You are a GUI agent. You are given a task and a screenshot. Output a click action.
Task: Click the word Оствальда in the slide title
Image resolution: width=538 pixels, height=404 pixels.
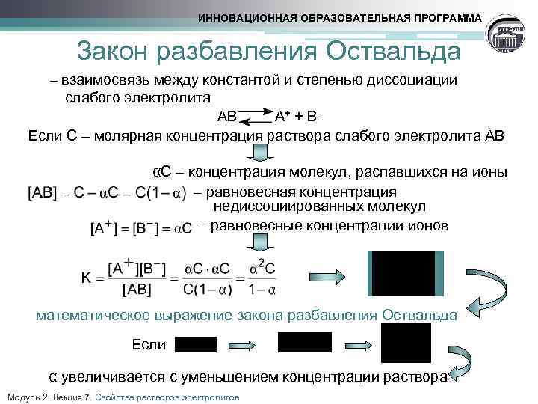391,52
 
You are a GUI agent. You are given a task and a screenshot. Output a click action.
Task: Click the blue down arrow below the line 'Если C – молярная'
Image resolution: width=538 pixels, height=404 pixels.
262,153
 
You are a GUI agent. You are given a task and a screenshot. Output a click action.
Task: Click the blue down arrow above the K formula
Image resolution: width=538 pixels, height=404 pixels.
262,242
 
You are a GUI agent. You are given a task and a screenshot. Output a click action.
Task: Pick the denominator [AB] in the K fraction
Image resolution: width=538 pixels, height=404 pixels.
139,289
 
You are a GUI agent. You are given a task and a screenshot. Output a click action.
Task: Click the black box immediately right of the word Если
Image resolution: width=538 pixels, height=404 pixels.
195,344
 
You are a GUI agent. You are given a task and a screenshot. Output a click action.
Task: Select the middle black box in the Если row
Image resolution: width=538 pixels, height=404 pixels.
304,342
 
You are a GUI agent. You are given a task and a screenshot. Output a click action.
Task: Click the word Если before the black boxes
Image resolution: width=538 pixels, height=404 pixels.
148,344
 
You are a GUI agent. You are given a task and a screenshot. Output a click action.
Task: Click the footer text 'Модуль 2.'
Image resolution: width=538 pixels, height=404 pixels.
28,397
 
